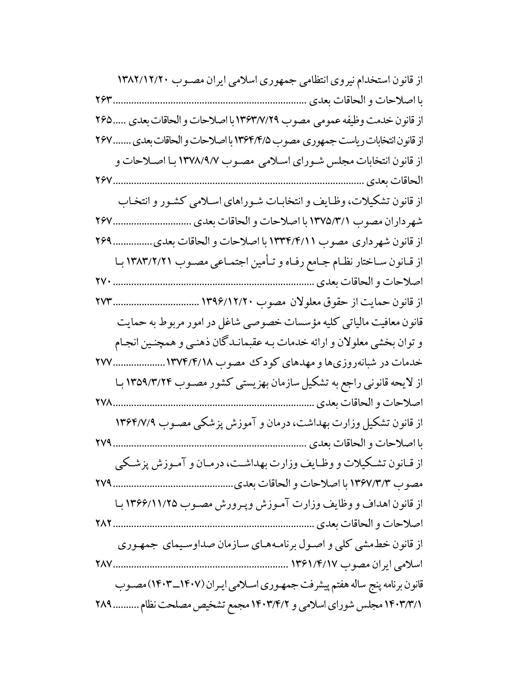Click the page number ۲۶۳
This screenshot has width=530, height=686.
[104, 101]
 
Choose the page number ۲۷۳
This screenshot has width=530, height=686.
[104, 302]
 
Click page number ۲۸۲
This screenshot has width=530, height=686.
[104, 523]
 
